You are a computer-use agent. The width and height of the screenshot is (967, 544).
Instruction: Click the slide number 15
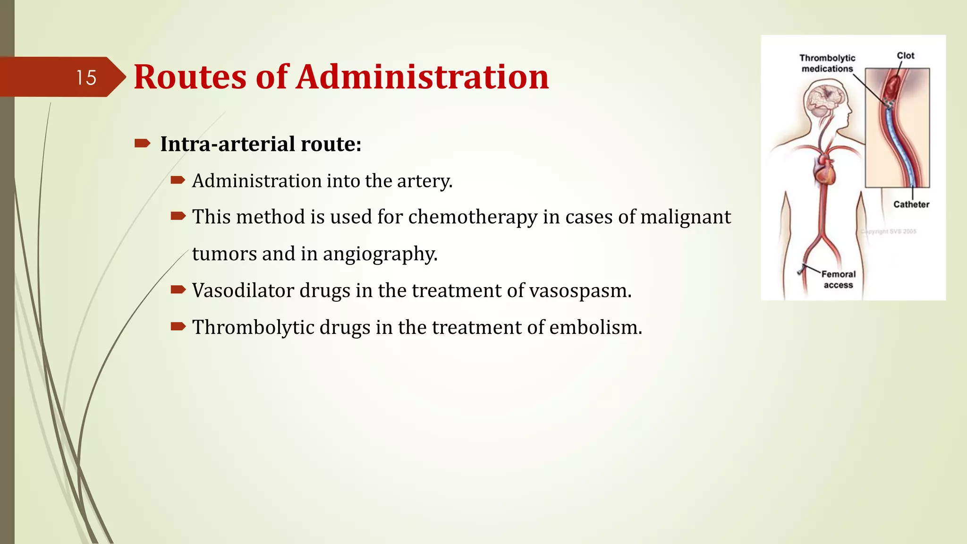[x=86, y=77]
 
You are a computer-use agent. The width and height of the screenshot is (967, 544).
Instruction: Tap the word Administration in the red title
[x=422, y=76]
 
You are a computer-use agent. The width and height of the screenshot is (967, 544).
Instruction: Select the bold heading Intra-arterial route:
[x=261, y=144]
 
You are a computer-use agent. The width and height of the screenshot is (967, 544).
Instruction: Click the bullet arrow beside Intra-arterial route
[x=142, y=143]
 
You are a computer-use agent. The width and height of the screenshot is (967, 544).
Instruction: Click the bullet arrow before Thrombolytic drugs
[x=178, y=326]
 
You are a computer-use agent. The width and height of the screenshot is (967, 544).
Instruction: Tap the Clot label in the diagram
[x=906, y=56]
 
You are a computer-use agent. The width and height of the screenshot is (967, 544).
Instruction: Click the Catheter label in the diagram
[x=911, y=204]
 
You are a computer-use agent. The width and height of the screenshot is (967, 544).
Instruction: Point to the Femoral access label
[x=838, y=280]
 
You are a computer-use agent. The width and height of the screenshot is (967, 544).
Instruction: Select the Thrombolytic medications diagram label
[x=827, y=63]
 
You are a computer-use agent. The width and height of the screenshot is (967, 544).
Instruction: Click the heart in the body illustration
[x=825, y=172]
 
